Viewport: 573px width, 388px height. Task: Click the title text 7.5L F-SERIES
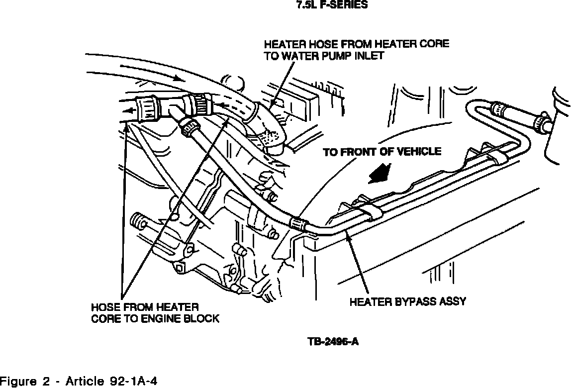pyautogui.click(x=332, y=6)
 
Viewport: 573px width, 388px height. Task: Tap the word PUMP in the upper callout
pyautogui.click(x=335, y=56)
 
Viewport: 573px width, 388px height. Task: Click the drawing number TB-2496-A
pyautogui.click(x=332, y=342)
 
